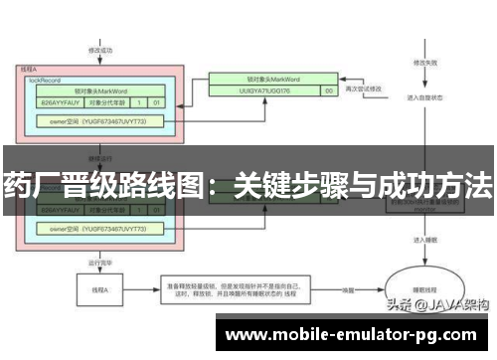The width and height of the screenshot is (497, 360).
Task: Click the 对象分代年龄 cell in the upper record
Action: (108, 101)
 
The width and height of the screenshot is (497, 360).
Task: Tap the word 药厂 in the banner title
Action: (29, 184)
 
